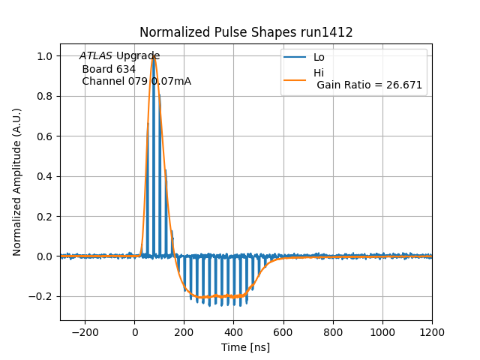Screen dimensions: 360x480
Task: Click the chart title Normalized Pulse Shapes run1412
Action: (246, 33)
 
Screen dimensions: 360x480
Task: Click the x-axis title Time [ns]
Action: (246, 347)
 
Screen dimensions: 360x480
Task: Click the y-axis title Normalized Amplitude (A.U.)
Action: (17, 182)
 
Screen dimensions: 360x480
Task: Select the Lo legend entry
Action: (319, 57)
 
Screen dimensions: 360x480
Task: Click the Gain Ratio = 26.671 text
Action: (369, 85)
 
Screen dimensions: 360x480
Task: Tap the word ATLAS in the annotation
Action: (96, 56)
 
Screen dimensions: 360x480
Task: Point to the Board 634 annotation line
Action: (109, 69)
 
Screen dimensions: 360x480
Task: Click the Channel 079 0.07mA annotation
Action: (136, 81)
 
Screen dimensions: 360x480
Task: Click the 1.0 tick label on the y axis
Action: (44, 56)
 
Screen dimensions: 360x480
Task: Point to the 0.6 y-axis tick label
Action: (44, 136)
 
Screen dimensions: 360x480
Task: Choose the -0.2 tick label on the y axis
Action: (41, 296)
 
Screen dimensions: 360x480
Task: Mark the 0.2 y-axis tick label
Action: (44, 217)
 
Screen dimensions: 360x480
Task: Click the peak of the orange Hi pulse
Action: (154, 56)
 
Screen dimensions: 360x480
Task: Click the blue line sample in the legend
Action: (297, 57)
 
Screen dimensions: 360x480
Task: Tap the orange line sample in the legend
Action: (297, 79)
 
